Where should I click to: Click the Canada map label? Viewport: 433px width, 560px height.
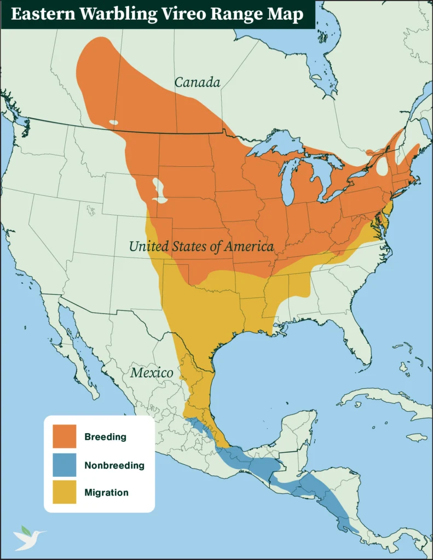(x=197, y=83)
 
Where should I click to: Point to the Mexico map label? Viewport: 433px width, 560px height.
(x=152, y=373)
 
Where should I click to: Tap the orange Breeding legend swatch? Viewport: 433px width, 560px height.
(x=64, y=437)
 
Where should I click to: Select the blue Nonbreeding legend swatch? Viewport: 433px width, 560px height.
(x=64, y=465)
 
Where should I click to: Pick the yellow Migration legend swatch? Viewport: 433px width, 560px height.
(x=64, y=492)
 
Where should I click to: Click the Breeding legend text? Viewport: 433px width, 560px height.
(x=105, y=437)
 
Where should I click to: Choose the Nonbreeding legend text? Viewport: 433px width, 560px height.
(x=114, y=465)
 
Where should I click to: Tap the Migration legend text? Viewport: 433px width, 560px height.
(x=106, y=493)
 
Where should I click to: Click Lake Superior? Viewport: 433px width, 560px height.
(x=274, y=143)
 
